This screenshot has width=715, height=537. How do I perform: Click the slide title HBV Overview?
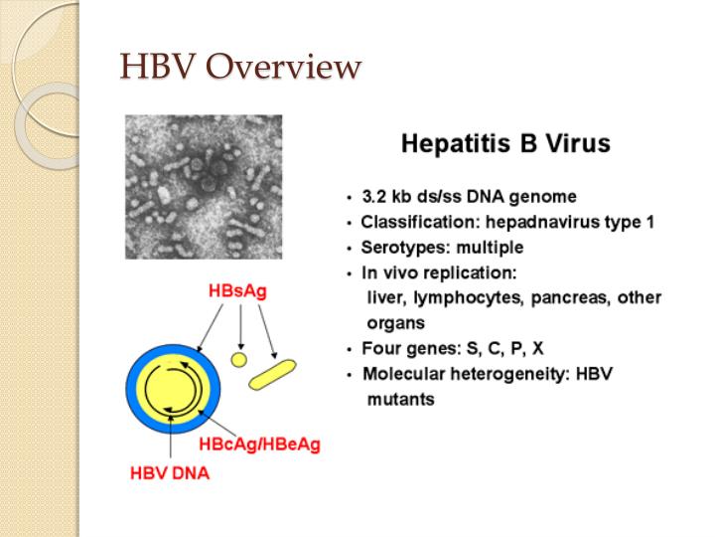pos(239,68)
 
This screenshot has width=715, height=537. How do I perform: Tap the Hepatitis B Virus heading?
pos(505,145)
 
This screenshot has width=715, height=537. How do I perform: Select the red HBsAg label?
pos(237,292)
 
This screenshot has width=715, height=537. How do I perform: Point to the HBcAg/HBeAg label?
pos(260,444)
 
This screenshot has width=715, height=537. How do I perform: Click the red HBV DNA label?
pos(170,473)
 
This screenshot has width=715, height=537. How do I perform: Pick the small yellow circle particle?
pos(238,358)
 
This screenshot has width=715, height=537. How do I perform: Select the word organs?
pos(395,323)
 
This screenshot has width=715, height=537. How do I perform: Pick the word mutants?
pos(400,400)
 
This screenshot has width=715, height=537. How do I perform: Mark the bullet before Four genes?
pos(349,350)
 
